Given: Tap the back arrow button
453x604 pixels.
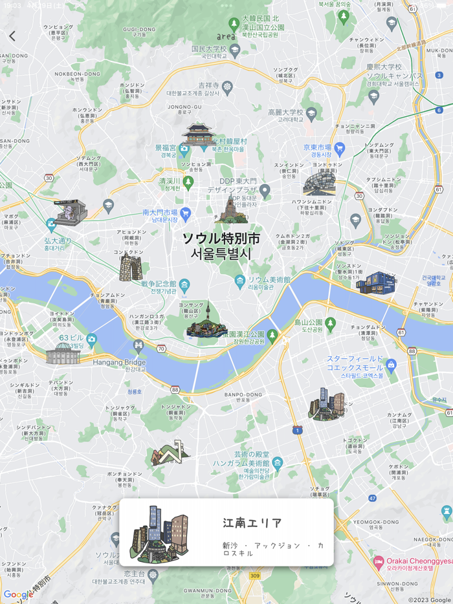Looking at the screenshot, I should (12, 36).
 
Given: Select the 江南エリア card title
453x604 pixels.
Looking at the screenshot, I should (252, 523).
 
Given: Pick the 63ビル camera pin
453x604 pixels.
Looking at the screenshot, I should (92, 338).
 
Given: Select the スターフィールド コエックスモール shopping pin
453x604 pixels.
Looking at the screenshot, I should (391, 365).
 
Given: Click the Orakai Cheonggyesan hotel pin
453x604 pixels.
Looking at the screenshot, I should (379, 560).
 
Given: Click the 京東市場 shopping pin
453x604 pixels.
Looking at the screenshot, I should (340, 148).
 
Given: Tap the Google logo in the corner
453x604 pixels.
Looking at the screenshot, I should (17, 595).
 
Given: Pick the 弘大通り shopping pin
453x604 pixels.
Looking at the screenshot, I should (51, 224).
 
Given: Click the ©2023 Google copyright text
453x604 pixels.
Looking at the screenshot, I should (429, 599).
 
